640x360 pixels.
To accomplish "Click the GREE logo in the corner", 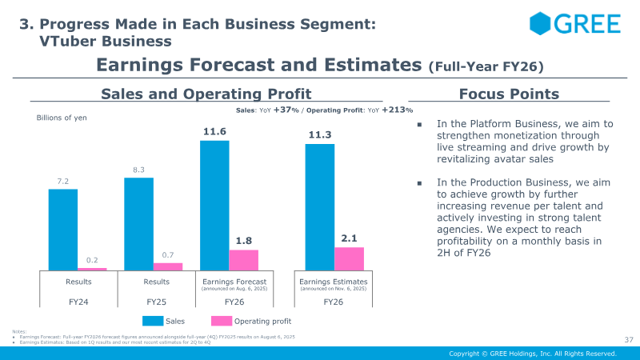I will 574,23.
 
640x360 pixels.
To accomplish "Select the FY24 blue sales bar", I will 63,230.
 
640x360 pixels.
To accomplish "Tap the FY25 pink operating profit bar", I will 168,266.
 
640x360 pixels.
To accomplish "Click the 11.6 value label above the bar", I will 214,130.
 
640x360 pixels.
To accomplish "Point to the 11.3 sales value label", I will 320,134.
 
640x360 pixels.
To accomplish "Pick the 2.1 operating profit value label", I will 349,238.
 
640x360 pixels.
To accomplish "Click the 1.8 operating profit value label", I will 243,240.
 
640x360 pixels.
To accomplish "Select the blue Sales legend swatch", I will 153,321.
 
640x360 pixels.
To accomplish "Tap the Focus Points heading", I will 509,94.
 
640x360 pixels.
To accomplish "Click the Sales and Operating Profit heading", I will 206,94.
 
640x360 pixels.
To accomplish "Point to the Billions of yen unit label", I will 62,118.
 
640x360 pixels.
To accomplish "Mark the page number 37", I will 628,340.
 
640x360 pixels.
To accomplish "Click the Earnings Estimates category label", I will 334,282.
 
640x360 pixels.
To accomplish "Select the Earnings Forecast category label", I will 234,282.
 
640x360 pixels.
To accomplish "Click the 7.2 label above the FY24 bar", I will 63,182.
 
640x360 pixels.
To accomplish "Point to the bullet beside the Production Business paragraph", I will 421,183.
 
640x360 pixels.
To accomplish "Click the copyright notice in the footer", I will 532,354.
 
